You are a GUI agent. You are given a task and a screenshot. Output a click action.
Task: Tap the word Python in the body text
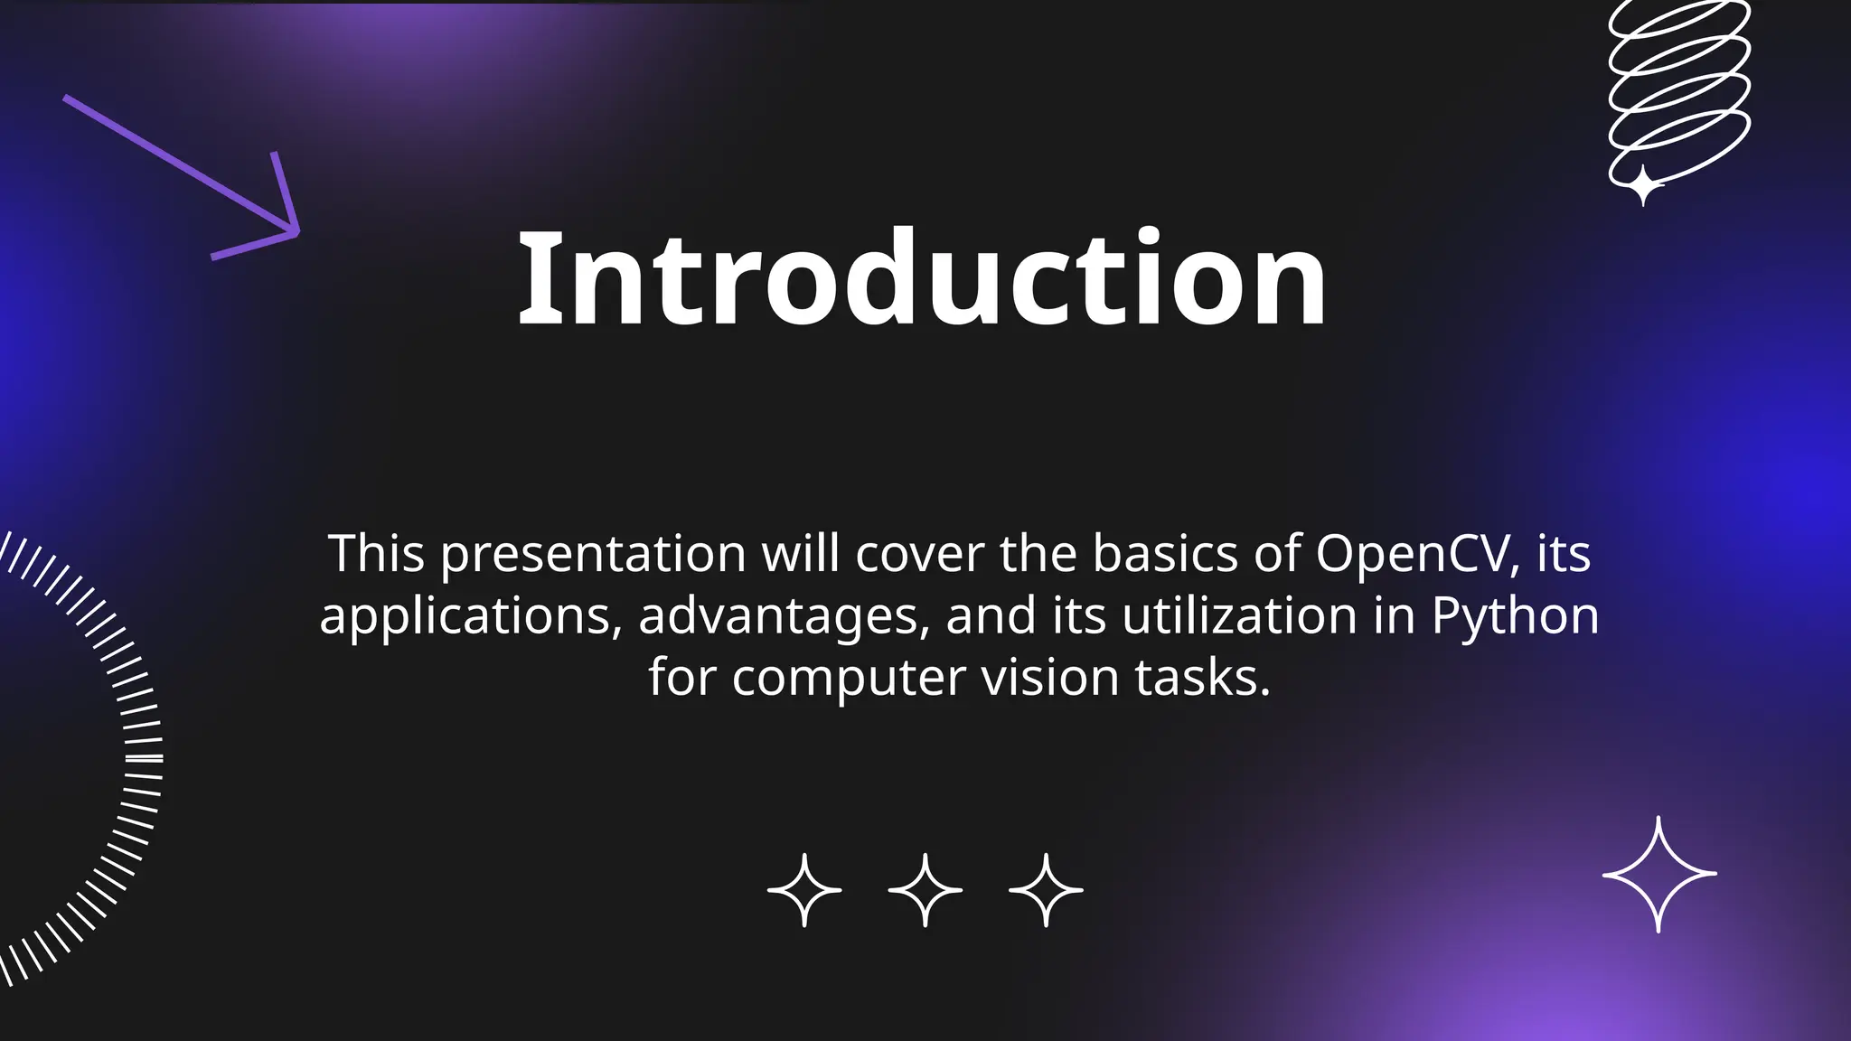(1515, 616)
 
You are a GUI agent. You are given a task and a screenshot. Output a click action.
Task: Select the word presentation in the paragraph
(593, 555)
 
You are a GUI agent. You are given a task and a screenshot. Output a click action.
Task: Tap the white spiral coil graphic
(1679, 86)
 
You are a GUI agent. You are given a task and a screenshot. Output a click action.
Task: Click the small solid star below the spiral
(1643, 186)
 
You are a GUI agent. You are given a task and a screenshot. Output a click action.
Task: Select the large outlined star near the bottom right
(1658, 874)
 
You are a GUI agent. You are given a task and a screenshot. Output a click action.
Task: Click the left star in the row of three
(804, 890)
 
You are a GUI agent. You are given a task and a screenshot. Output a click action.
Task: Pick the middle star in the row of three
(925, 890)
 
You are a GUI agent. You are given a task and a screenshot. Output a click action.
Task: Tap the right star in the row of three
(1046, 890)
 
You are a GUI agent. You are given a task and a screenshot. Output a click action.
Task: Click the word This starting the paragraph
(376, 553)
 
